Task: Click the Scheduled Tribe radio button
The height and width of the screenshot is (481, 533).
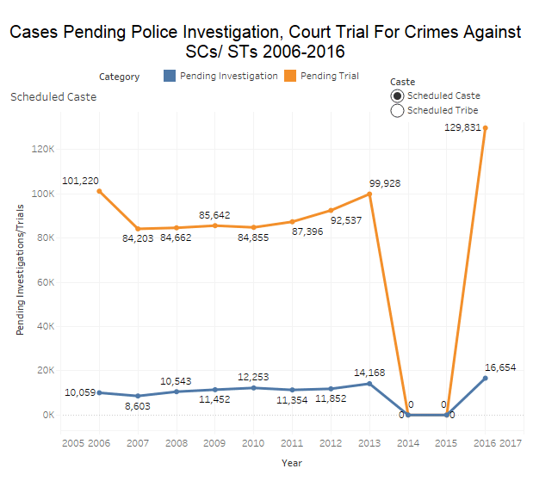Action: [397, 110]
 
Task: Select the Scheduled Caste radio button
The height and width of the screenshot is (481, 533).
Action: [397, 96]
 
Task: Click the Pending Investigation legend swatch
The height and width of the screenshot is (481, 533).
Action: [170, 76]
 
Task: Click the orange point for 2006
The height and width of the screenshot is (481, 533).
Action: [98, 191]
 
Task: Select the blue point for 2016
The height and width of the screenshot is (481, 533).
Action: [486, 378]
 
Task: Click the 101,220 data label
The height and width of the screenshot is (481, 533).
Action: [81, 181]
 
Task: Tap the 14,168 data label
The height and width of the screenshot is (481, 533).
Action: [369, 373]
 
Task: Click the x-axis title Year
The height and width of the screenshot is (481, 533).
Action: [292, 462]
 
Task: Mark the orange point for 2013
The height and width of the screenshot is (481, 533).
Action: [369, 194]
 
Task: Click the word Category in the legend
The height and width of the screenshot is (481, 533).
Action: [119, 77]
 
